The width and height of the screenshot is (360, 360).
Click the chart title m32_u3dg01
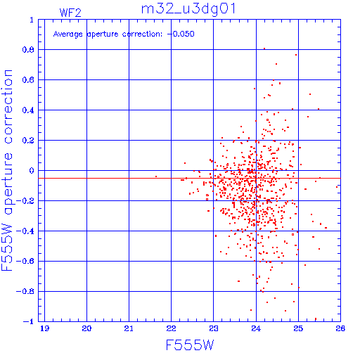click(188, 9)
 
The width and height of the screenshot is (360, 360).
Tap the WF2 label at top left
click(70, 13)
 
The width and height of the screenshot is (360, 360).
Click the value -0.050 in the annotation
click(181, 34)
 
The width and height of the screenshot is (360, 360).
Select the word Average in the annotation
click(68, 34)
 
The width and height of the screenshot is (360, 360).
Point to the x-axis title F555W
click(190, 345)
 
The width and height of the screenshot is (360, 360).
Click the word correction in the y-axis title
click(8, 107)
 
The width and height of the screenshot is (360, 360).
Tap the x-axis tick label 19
click(44, 328)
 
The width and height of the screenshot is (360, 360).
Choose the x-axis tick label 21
click(129, 328)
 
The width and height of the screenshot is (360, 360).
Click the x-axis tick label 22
click(171, 328)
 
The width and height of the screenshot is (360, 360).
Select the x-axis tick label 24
click(256, 328)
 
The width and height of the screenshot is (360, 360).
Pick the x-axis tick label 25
click(298, 328)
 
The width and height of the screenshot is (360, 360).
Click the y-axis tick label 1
click(32, 20)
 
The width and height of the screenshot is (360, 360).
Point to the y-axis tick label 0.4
click(28, 110)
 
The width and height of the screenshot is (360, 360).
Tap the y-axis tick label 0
click(32, 171)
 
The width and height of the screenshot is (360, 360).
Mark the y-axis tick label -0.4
click(25, 231)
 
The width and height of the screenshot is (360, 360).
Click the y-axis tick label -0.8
click(25, 291)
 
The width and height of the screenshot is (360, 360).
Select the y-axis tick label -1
click(28, 321)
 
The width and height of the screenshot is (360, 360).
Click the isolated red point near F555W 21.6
click(156, 176)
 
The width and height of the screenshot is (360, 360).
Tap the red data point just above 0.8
click(264, 49)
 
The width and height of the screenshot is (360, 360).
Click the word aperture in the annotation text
click(103, 34)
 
